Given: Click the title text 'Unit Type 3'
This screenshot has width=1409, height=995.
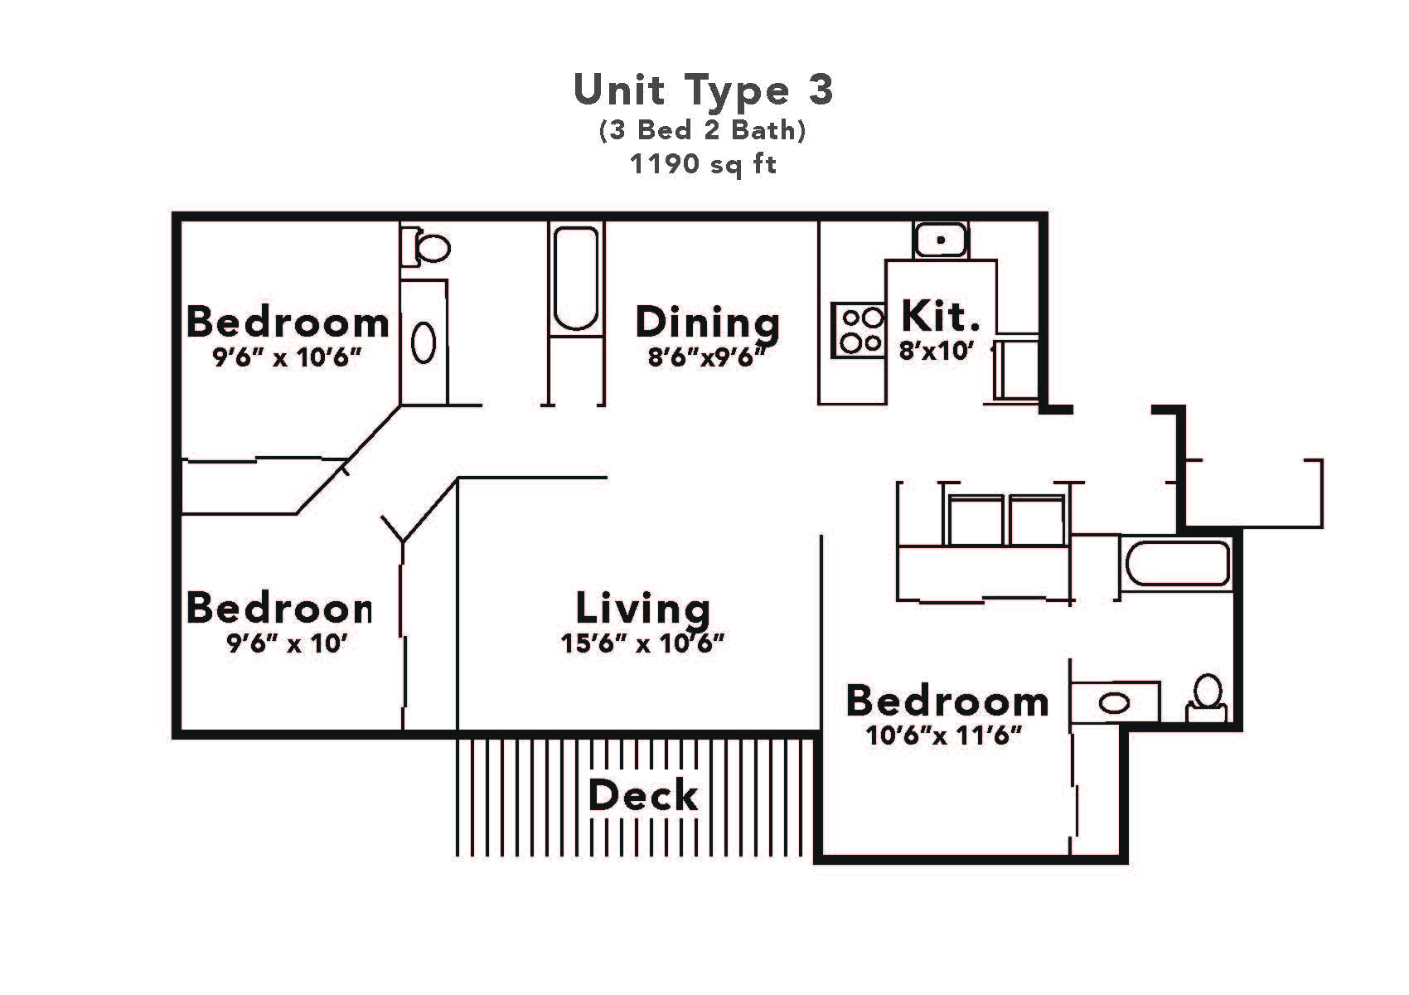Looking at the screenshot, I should point(703,90).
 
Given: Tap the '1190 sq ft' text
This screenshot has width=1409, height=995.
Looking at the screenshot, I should point(703,164).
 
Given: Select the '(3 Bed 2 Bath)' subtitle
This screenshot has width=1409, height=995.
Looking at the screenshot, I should point(703,130).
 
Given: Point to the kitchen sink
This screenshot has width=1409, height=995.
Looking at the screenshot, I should point(941,240).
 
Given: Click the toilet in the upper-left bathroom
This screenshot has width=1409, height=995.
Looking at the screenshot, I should point(431,247).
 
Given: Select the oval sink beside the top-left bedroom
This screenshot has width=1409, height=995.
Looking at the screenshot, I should point(424,342).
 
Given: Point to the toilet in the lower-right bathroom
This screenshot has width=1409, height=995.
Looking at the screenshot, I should point(1207,697).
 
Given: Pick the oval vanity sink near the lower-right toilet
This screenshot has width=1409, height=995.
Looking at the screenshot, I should point(1115,704).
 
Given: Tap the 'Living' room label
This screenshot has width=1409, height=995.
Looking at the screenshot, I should point(643,608).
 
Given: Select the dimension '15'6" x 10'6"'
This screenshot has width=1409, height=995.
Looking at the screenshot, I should point(643,643).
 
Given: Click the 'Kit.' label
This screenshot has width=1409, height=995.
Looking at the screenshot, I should point(939,316).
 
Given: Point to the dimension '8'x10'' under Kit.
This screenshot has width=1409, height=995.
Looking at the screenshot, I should point(936,351).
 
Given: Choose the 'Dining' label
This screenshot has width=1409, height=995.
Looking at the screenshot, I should point(707,323).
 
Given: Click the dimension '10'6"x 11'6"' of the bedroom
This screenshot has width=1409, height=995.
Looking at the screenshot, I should point(943,735).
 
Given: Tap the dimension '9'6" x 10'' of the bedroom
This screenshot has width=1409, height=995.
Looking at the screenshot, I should point(286,643).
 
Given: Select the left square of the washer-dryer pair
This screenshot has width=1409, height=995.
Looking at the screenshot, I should point(976,521).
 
